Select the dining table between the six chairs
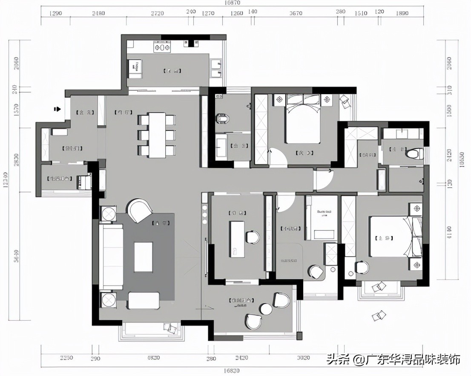(x=157, y=135)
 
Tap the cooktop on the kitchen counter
(x=162, y=48)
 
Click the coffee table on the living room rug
(x=144, y=257)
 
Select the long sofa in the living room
(x=111, y=257)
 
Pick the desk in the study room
(x=237, y=239)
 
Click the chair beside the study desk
(x=253, y=237)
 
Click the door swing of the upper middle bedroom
(x=277, y=156)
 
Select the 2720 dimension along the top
(x=157, y=13)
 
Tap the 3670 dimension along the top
(x=296, y=13)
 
